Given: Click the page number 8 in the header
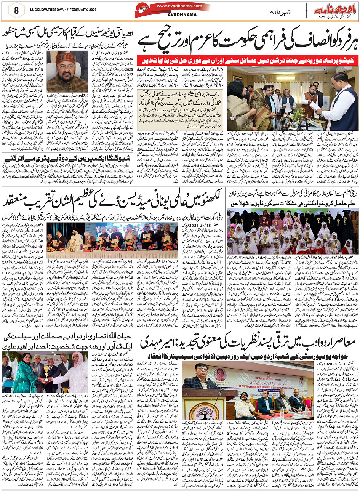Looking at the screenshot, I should click(x=16, y=10).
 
